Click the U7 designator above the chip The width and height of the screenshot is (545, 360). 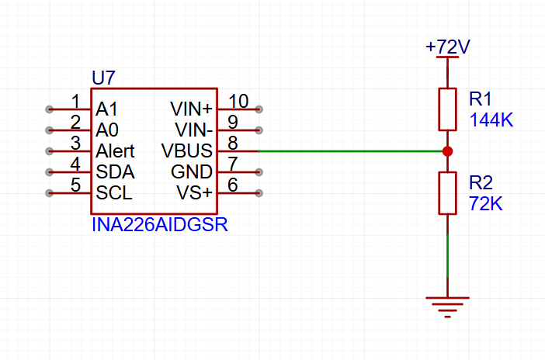[x=104, y=78]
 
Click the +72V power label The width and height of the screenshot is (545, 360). [x=447, y=47]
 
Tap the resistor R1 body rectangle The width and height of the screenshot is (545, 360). [x=447, y=109]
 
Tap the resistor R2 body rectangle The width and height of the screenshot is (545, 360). [x=447, y=192]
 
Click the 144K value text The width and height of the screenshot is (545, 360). [x=491, y=120]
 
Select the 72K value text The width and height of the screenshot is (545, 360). [x=487, y=204]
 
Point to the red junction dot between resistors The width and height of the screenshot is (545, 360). [x=447, y=151]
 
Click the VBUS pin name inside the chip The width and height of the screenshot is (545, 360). [x=186, y=151]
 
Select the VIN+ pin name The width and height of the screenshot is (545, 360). [x=191, y=109]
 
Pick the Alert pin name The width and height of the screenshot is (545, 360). [x=115, y=151]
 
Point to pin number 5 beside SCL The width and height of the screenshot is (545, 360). [x=75, y=185]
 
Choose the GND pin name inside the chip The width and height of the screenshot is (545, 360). [x=191, y=171]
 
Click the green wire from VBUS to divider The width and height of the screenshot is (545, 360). [x=349, y=151]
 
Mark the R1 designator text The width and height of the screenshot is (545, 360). [x=481, y=99]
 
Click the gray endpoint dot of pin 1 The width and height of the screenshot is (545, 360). [x=50, y=109]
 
